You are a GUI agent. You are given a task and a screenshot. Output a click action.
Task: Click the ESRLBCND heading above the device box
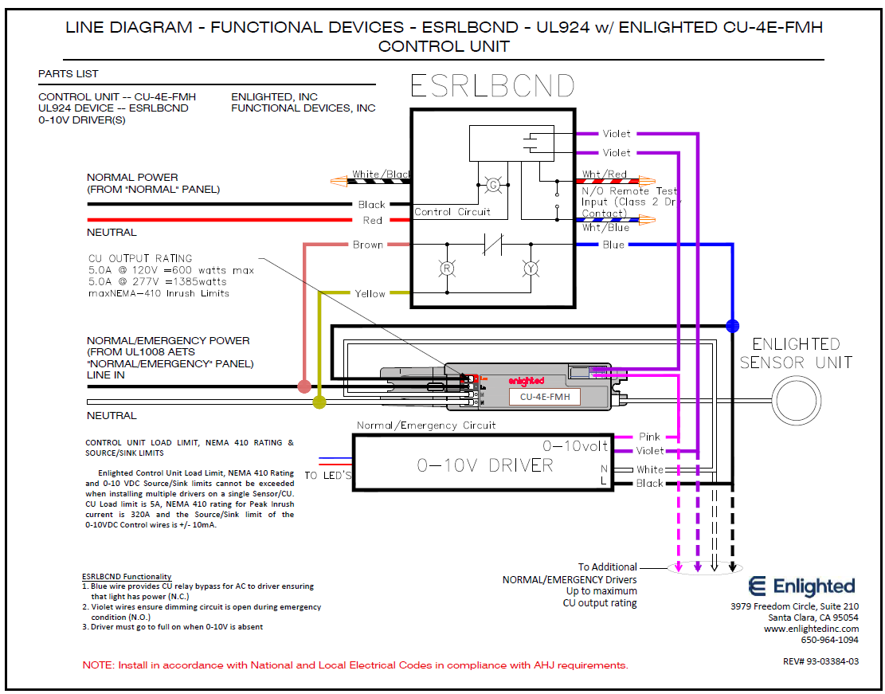(491, 87)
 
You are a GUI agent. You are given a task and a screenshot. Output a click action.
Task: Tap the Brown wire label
(368, 245)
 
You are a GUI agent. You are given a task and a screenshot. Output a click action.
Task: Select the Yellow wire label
(370, 293)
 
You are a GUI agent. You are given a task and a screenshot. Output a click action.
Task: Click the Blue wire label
(613, 245)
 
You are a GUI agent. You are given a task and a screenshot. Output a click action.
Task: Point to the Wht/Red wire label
(604, 174)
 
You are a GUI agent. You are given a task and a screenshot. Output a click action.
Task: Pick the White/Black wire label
(382, 174)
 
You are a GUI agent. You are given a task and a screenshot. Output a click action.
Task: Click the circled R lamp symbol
(448, 269)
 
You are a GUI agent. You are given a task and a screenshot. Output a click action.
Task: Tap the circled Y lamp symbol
(530, 269)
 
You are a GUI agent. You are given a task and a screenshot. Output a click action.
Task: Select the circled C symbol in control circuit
(492, 185)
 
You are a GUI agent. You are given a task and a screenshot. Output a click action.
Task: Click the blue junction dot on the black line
(732, 325)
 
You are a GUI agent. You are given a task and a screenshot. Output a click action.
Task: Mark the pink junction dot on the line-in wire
(303, 386)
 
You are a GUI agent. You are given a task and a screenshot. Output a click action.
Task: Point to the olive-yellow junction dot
(319, 402)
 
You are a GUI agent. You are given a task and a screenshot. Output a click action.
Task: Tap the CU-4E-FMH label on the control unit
(544, 396)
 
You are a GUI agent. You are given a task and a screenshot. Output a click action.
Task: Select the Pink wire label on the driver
(650, 437)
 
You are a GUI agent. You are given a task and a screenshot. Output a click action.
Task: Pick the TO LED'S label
(327, 476)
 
